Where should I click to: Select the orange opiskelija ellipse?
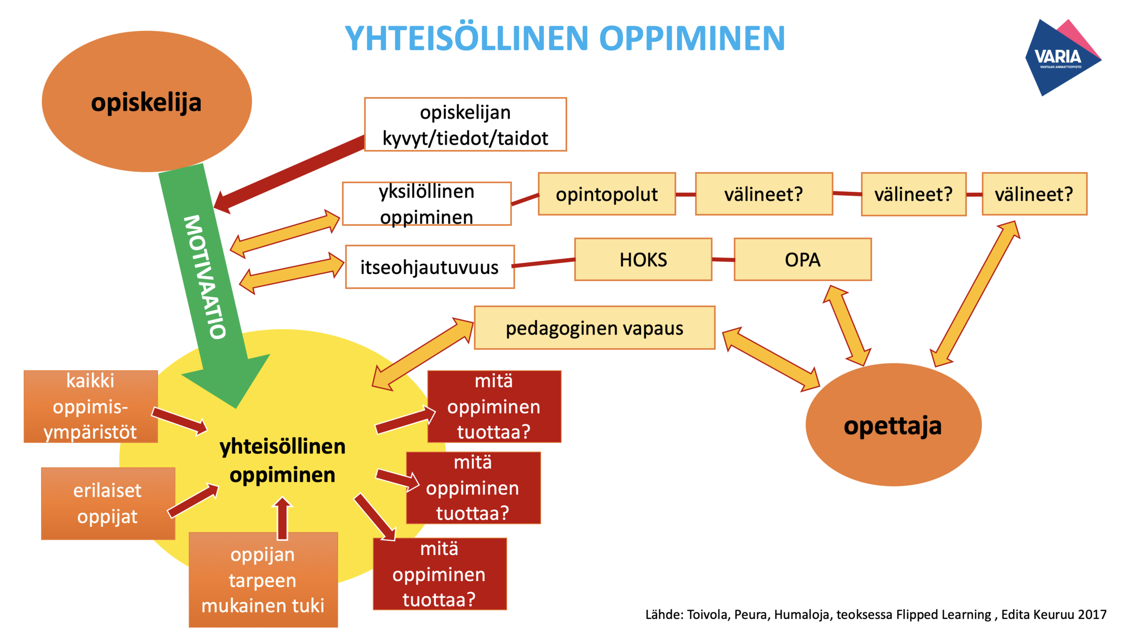click(146, 101)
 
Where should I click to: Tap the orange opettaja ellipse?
click(893, 425)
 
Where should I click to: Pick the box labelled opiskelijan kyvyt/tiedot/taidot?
click(465, 125)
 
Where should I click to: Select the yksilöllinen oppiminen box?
click(426, 204)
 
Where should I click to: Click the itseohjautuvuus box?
click(430, 267)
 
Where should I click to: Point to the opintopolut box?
click(606, 194)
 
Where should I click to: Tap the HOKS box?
click(643, 259)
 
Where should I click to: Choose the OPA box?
click(802, 259)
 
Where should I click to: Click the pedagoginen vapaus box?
click(594, 328)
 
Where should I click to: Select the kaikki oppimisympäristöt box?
click(91, 406)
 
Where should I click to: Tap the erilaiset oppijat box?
click(108, 503)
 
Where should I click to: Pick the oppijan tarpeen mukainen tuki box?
click(263, 580)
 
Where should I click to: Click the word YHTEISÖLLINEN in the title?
click(466, 38)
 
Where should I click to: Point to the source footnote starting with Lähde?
click(875, 614)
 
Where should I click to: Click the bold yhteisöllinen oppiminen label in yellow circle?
click(282, 461)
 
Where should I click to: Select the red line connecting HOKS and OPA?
click(723, 259)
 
